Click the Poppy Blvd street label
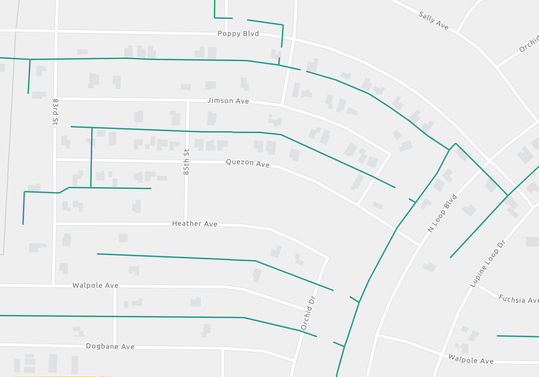[x=238, y=34]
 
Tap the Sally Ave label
[x=434, y=21]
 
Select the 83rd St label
[x=55, y=112]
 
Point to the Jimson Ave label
[x=228, y=101]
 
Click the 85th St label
[x=186, y=162]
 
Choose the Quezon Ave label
[x=247, y=163]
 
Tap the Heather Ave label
[x=194, y=224]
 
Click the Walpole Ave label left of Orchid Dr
[x=95, y=285]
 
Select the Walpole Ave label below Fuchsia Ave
[x=470, y=359]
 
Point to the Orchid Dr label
[x=308, y=313]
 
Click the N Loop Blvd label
[x=442, y=213]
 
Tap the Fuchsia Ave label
[x=518, y=299]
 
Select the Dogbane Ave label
[x=110, y=346]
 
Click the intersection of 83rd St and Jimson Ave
[x=56, y=99]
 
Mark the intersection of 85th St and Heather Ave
[x=186, y=224]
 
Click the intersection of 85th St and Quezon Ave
[x=186, y=161]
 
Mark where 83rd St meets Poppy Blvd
[x=56, y=30]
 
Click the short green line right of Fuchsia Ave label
[x=518, y=336]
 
